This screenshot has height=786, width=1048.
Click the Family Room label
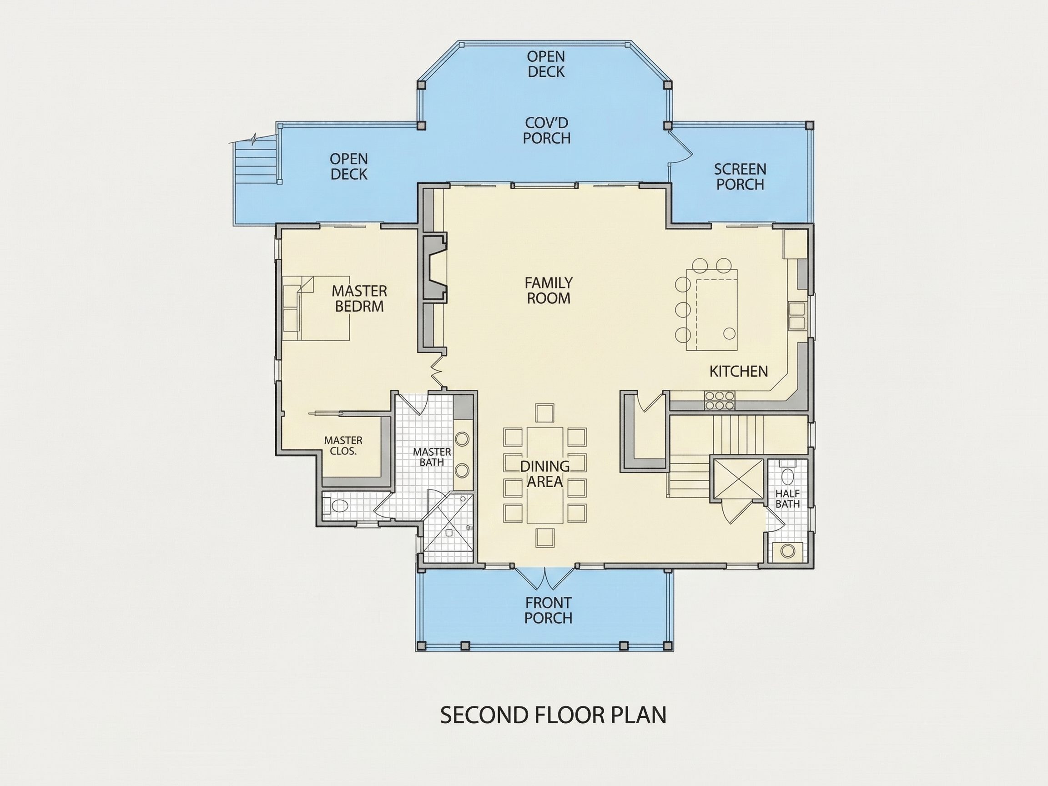click(549, 290)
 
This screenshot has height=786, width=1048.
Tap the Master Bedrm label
click(359, 298)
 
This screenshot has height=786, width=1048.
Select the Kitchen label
click(739, 372)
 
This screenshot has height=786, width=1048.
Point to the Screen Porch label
click(740, 177)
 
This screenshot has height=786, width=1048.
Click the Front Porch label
click(549, 610)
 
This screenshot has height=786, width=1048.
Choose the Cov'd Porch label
click(547, 130)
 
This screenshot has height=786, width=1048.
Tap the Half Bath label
click(787, 499)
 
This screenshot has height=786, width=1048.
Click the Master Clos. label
click(343, 446)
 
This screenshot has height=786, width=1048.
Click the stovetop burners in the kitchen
click(719, 400)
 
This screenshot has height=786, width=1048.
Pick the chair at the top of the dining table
click(545, 413)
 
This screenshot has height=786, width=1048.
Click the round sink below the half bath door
click(788, 551)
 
